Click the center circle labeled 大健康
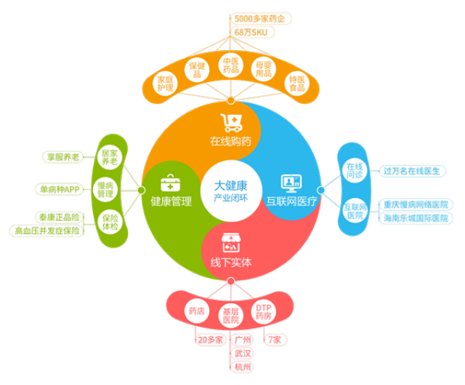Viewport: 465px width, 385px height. coord(230,191)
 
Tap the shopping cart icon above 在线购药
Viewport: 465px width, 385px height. coord(231,121)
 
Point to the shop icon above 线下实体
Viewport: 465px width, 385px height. coord(231,243)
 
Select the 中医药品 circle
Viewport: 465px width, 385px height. coord(230,66)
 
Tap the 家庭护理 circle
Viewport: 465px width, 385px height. coord(166,84)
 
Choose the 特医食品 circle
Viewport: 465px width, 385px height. coord(297,84)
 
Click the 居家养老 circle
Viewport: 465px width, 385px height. coord(109,158)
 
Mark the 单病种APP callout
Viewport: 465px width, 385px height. coord(60,189)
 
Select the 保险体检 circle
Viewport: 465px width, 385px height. coord(109,222)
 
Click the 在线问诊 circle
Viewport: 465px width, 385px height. coord(354,171)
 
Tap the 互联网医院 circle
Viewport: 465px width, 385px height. coord(354,210)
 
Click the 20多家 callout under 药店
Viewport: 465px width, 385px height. coord(210,339)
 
